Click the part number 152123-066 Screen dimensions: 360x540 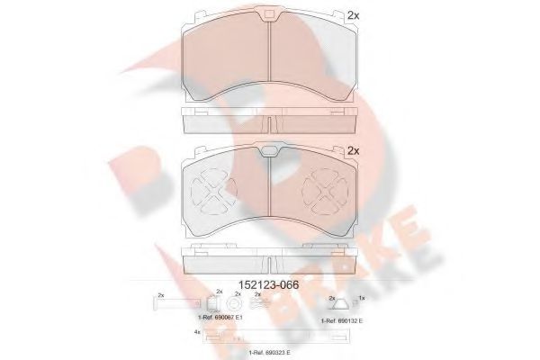[x=270, y=285]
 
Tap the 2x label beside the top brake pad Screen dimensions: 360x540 [x=353, y=16]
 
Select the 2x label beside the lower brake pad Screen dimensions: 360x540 [x=353, y=150]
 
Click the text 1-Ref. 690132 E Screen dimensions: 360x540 [x=340, y=319]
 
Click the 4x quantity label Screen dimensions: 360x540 [x=196, y=334]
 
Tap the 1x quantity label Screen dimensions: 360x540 [x=362, y=296]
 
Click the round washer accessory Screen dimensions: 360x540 [x=238, y=306]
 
